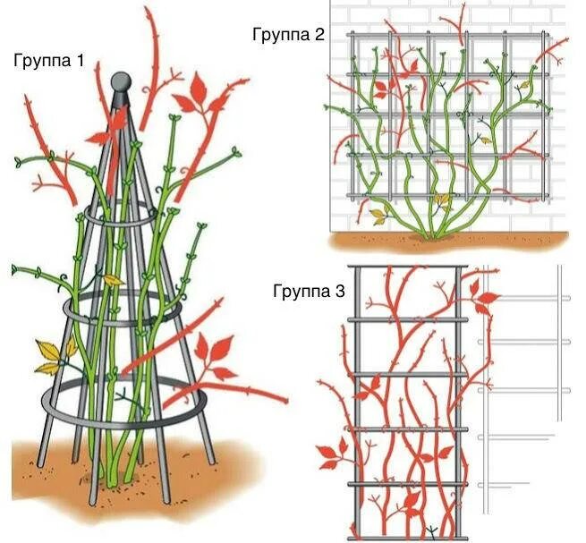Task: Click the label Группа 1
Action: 49,61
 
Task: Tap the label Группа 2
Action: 288,35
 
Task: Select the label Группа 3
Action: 309,291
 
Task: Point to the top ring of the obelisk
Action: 116,217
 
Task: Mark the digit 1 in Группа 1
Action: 81,61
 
